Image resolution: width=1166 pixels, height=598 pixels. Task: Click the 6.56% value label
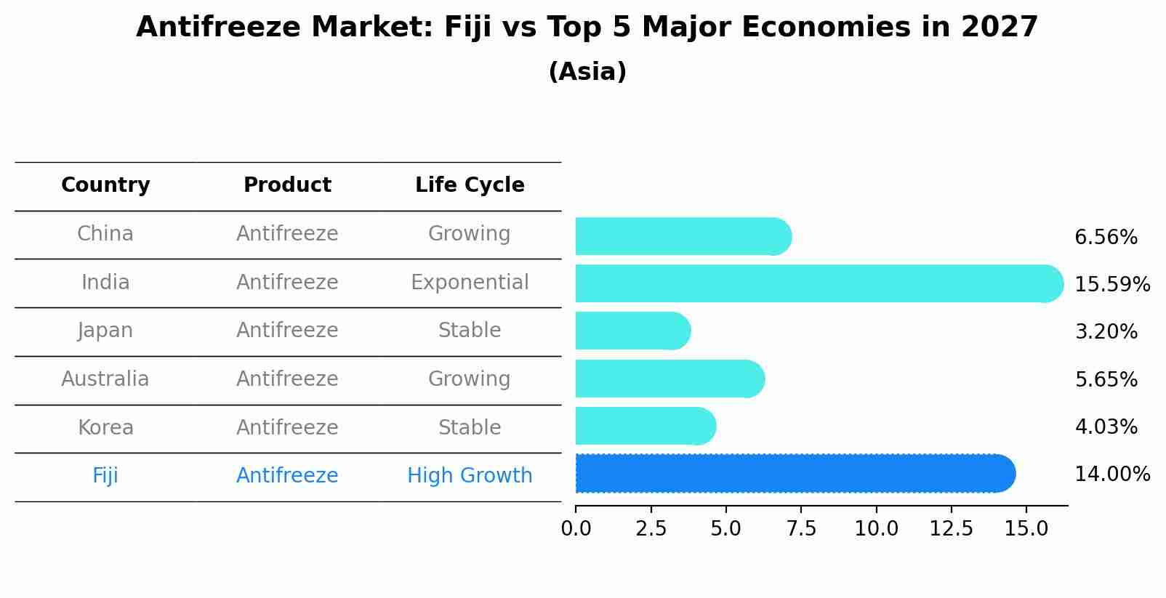pos(1105,238)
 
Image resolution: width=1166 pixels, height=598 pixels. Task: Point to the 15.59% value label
pos(1111,284)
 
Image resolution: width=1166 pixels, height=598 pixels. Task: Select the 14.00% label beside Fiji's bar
pos(1111,474)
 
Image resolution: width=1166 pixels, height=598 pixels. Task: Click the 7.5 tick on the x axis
pos(801,529)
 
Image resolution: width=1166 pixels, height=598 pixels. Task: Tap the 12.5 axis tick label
pos(951,529)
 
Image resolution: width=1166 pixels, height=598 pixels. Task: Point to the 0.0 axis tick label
pos(576,529)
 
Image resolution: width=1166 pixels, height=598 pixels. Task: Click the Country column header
pos(105,185)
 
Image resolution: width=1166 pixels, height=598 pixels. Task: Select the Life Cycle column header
pos(470,185)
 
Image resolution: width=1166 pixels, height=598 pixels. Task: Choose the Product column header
pos(287,185)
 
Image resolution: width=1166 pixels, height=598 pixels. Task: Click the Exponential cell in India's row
pos(470,283)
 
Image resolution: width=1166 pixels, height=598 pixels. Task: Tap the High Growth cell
pos(470,476)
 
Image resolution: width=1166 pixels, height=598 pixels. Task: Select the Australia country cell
pos(105,379)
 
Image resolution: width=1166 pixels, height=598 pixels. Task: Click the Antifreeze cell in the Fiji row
pos(287,476)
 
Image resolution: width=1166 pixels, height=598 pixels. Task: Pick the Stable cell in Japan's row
pos(470,331)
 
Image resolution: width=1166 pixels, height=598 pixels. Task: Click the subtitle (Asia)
pos(587,72)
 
